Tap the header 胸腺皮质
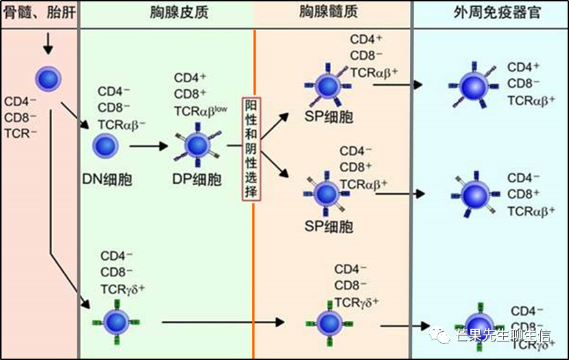(x=178, y=12)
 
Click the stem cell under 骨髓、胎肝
(x=48, y=78)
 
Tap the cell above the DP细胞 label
(x=197, y=145)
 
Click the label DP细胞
(x=197, y=180)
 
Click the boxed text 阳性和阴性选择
(x=251, y=149)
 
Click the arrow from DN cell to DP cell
(x=148, y=146)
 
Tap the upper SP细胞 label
(x=328, y=117)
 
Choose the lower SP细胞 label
(x=328, y=227)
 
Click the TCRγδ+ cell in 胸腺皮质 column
(x=113, y=322)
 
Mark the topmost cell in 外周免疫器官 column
(x=472, y=87)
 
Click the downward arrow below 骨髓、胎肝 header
(x=47, y=45)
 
